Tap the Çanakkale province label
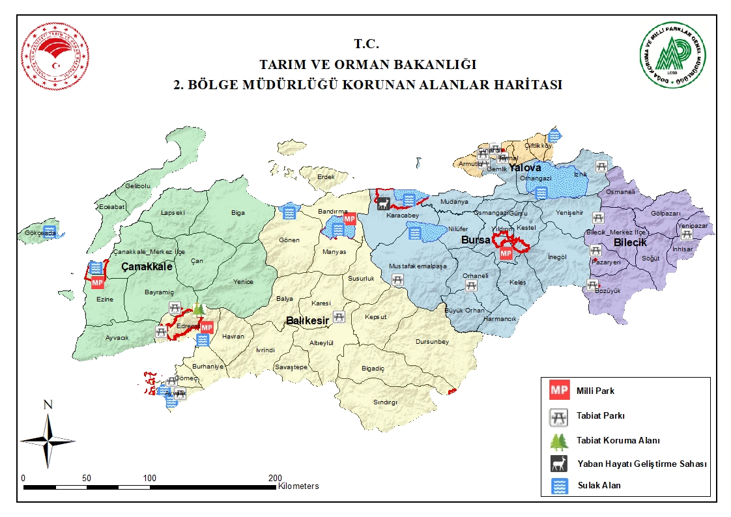coord(147,267)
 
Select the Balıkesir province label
coord(308,320)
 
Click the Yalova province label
coord(525,168)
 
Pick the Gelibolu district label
coord(137,186)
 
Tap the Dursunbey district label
coord(432,342)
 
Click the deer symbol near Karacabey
coord(384,204)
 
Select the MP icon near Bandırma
coord(350,219)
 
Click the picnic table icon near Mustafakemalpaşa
coord(397,279)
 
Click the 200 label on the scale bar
coord(276,478)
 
